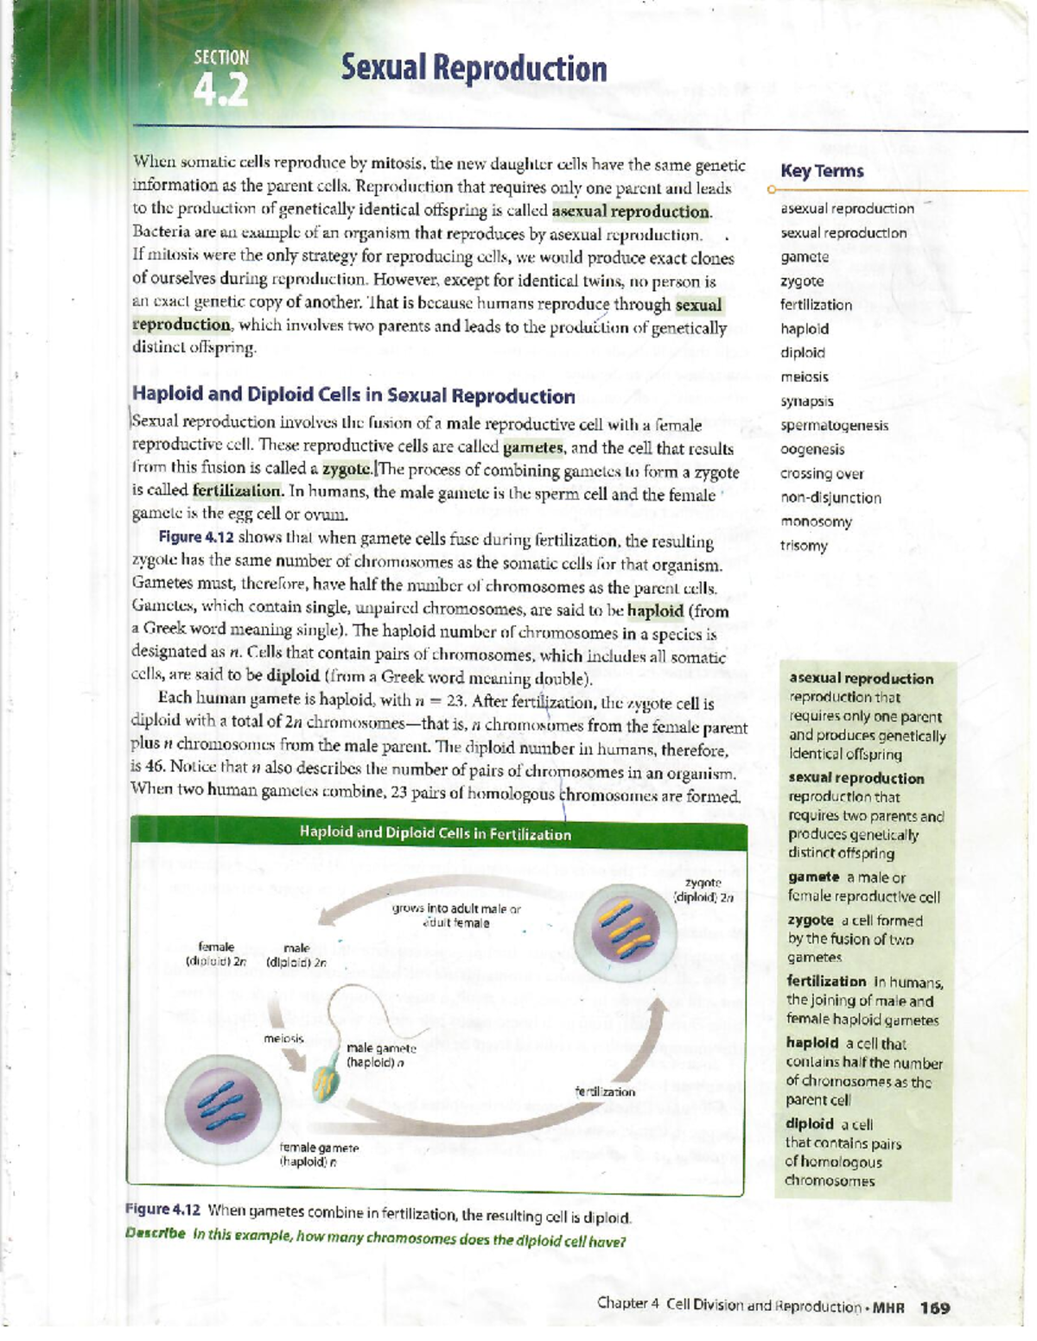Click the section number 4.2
220,90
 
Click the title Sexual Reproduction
474,68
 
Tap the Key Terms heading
821,171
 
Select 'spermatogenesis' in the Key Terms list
834,425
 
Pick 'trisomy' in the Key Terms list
804,546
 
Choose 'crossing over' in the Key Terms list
821,473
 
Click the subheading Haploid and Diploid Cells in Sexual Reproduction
353,395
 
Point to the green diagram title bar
436,833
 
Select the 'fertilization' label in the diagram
605,1091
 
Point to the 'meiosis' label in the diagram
283,1038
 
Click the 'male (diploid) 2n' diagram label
296,955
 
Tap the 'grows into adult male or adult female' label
455,915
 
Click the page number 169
935,1307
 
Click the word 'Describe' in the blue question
156,1233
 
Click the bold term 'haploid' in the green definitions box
812,1043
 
